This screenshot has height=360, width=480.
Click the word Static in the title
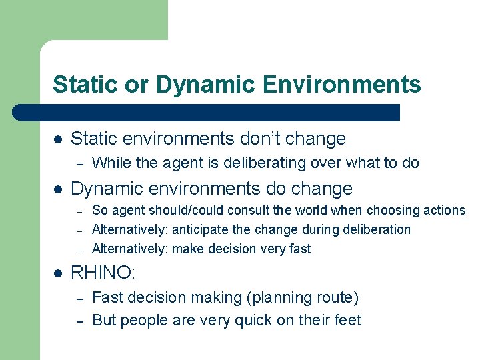pos(79,85)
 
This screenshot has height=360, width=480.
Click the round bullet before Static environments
pos(58,139)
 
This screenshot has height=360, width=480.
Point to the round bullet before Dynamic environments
pos(58,189)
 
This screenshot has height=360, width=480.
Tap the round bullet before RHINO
pos(58,272)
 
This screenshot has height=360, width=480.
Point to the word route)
pos(337,298)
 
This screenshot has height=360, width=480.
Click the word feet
pos(346,321)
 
